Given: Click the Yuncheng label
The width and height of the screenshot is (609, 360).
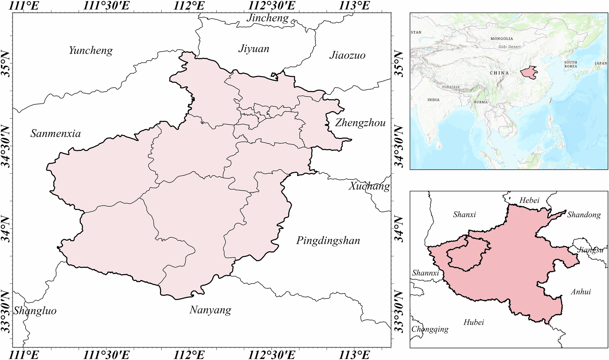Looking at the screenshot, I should click(x=91, y=51).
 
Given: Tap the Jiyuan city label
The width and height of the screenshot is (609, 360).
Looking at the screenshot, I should click(x=254, y=49).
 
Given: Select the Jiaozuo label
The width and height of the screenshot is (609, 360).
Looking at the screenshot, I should click(x=347, y=55).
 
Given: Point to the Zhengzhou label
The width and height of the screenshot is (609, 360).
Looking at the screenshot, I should click(x=360, y=123).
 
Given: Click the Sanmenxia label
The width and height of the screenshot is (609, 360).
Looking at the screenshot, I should click(x=55, y=134).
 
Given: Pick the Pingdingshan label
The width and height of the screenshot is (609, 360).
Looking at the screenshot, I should click(x=328, y=241).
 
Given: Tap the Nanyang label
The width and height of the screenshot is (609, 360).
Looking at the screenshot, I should click(x=210, y=310).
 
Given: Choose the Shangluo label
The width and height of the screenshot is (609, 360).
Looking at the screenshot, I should click(x=35, y=311).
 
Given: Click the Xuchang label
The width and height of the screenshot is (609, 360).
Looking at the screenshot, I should click(x=369, y=186).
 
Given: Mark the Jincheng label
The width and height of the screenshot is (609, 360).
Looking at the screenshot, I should click(x=267, y=18).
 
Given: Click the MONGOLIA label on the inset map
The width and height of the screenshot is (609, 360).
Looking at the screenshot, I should click(x=502, y=39).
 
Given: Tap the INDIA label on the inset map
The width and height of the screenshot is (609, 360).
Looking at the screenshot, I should click(x=433, y=100).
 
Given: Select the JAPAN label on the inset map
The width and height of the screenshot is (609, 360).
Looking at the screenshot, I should click(x=601, y=64).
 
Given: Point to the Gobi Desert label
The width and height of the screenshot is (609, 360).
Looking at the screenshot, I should click(x=509, y=47).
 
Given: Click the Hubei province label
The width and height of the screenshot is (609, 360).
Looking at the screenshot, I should click(x=473, y=322).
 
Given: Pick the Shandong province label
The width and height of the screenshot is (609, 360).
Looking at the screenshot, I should click(x=584, y=215).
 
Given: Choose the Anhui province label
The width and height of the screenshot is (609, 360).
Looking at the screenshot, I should click(x=581, y=292).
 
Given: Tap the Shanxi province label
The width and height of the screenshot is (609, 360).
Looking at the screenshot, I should click(x=464, y=215).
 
